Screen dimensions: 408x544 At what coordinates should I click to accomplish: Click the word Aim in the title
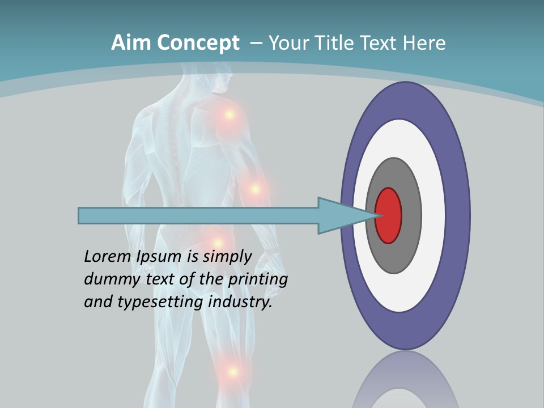131,43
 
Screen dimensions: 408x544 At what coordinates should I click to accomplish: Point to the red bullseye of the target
389,215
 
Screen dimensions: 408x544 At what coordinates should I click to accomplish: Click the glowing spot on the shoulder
229,114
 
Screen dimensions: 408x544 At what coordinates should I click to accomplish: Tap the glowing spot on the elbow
255,189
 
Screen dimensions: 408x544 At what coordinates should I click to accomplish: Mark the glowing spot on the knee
232,372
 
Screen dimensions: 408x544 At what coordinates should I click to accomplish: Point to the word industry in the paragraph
240,302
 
